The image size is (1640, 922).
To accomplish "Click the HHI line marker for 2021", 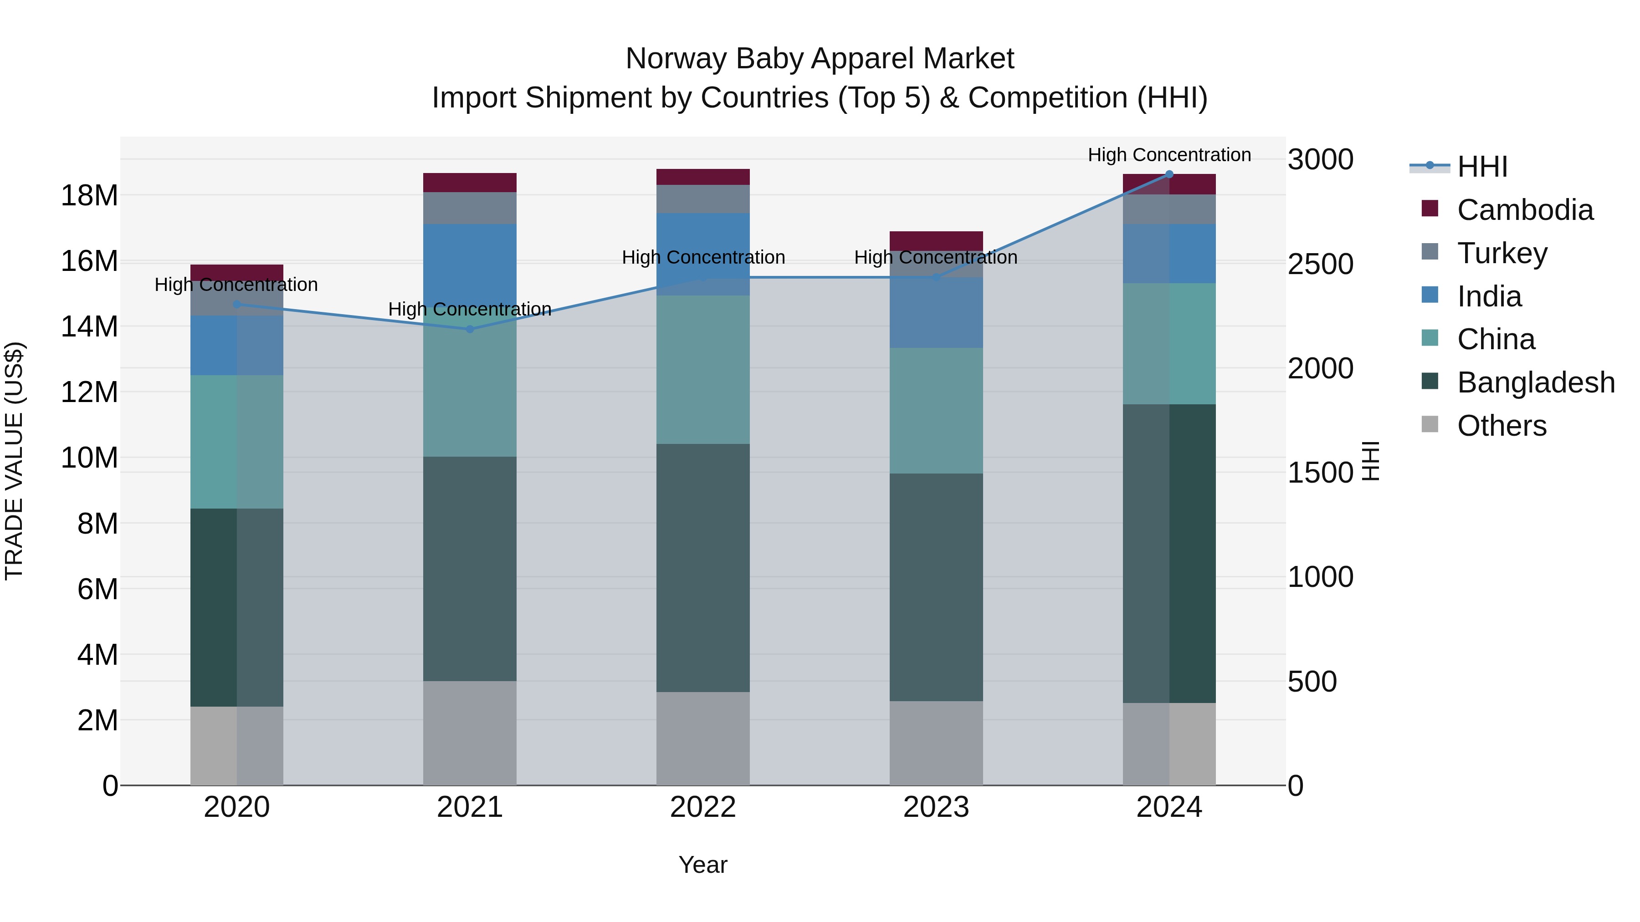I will (470, 329).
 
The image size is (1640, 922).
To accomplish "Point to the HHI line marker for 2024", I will (1169, 174).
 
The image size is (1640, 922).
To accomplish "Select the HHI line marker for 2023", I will (936, 277).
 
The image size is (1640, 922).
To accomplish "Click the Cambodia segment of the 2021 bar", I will (470, 183).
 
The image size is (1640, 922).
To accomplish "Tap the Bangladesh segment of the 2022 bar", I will (703, 568).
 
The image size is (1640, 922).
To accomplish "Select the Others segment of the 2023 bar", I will (936, 743).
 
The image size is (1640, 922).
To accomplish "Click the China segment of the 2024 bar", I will (1169, 344).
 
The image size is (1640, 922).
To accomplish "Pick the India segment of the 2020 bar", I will (237, 346).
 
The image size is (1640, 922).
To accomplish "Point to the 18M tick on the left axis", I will (89, 195).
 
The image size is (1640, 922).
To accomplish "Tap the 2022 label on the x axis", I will (703, 807).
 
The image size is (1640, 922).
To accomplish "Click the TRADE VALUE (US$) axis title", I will (14, 461).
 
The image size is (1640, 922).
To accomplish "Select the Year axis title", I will (703, 865).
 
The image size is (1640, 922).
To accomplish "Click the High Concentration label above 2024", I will (1169, 155).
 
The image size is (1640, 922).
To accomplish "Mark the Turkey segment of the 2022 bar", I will (703, 199).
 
